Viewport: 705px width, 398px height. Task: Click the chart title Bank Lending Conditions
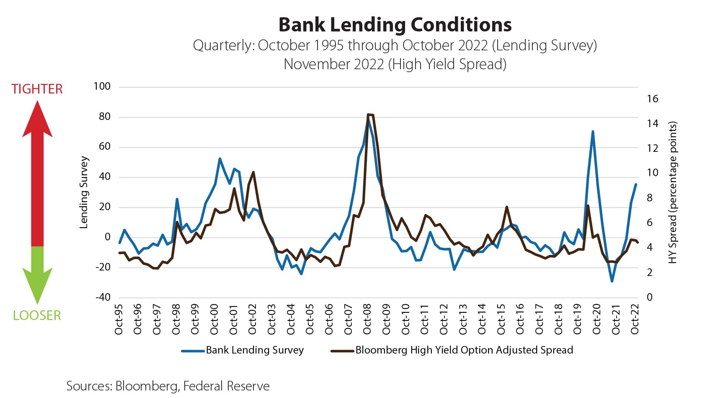pos(395,25)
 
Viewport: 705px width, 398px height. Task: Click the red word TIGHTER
pos(37,89)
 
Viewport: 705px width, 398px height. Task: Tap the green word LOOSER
pos(37,315)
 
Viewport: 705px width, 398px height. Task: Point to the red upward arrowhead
pos(37,119)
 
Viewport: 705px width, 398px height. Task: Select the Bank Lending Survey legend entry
pos(254,350)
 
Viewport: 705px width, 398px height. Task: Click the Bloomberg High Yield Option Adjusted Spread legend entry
pos(464,350)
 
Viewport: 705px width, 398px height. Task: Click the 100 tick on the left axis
pos(102,86)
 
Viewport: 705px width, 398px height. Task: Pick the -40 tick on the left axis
pos(103,297)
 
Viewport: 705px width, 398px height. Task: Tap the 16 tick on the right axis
pos(652,99)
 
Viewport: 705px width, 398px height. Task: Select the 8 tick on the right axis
pos(649,198)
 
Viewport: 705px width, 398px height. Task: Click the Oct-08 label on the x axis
pos(367,319)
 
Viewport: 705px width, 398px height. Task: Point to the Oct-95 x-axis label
pos(119,319)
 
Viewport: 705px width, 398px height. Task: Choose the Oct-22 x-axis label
pos(635,319)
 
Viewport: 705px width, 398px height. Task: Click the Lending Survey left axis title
pos(84,192)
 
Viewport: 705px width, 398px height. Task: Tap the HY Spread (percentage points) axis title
pos(673,192)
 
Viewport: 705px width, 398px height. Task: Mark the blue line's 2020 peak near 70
pos(593,132)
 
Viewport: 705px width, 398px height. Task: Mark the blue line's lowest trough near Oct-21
pos(612,281)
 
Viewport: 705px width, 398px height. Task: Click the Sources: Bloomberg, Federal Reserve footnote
pos(168,386)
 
